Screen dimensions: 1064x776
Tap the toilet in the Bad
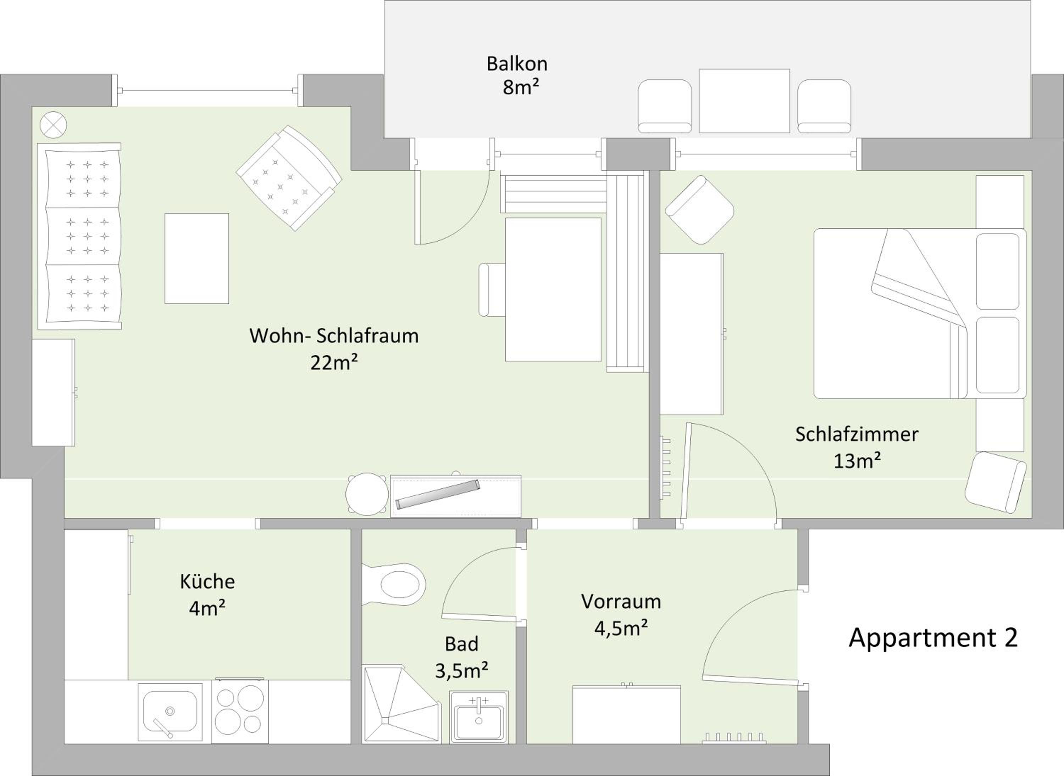click(x=394, y=585)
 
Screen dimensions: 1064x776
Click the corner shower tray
click(x=401, y=703)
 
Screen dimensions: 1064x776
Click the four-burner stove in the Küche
click(x=240, y=711)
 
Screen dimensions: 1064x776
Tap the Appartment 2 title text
click(x=933, y=638)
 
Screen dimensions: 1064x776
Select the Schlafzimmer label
click(x=857, y=434)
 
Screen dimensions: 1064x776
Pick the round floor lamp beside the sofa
click(x=53, y=125)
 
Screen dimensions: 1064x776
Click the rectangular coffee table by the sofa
click(x=196, y=258)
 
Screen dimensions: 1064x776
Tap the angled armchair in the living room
click(x=289, y=178)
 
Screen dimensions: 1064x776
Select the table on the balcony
click(x=744, y=101)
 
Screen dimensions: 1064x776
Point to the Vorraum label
click(x=621, y=601)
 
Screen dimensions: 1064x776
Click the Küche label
click(x=207, y=581)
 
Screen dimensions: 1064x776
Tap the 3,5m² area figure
click(x=461, y=670)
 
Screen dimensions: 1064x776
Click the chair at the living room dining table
click(x=492, y=289)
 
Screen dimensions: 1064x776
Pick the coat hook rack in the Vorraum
click(x=735, y=738)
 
